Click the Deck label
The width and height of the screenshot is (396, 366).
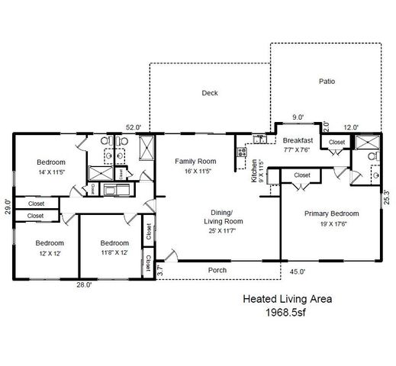coord(210,93)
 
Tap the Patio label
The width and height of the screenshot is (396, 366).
coord(327,81)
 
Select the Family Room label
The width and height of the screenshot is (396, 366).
coord(195,161)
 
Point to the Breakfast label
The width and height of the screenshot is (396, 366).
coord(298,141)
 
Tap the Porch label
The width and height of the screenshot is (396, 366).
coord(218,270)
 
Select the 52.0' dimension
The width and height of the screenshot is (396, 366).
coord(133,127)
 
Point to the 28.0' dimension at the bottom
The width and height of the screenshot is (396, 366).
coord(83,284)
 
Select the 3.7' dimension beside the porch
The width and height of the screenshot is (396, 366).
coord(159,269)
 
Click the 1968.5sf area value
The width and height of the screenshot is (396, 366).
coord(286,313)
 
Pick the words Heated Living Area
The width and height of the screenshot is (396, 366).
coord(287,300)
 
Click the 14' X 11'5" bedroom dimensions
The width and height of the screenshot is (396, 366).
coord(52,173)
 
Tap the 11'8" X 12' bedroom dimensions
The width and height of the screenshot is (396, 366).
coord(114,253)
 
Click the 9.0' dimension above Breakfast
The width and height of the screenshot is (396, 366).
coord(298,117)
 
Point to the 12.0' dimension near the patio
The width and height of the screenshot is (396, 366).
coord(350,127)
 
